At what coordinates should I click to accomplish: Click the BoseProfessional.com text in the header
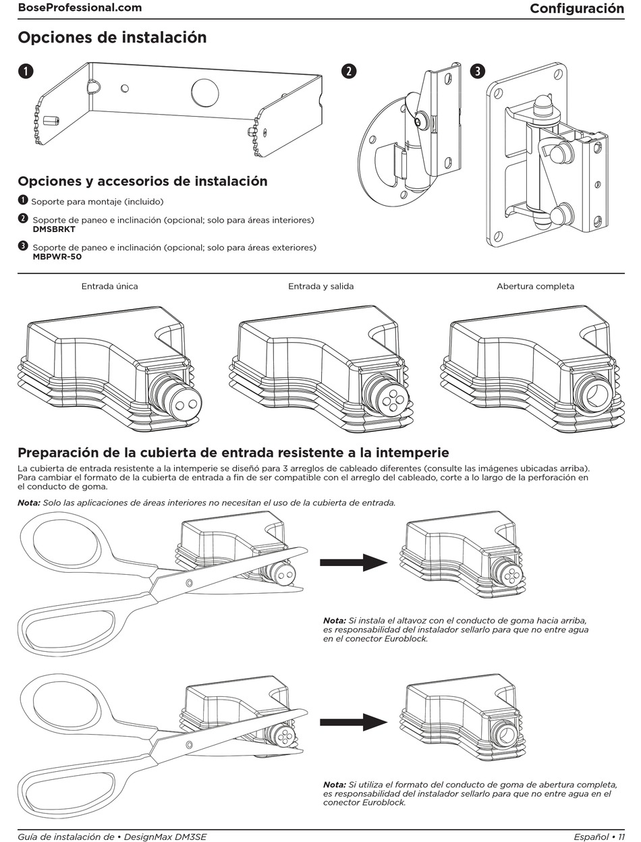tap(80, 8)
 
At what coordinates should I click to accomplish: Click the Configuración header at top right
tap(576, 8)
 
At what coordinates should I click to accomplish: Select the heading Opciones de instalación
tap(112, 38)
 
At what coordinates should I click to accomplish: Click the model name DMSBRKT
tap(54, 229)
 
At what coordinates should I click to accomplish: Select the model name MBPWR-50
tap(57, 257)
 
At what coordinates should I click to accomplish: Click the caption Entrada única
tap(109, 286)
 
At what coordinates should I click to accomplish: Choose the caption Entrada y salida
tap(320, 286)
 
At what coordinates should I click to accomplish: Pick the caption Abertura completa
tap(535, 286)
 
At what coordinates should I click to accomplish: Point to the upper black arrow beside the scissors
tap(352, 561)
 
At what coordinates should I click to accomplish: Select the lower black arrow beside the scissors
tap(352, 722)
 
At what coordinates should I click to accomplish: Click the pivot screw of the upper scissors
tap(189, 582)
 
